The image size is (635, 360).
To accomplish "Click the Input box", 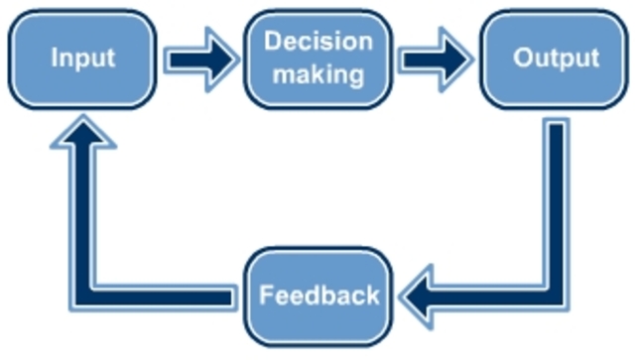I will [x=83, y=58].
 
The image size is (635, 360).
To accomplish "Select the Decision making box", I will [x=318, y=58].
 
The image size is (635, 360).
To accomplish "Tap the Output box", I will [x=556, y=58].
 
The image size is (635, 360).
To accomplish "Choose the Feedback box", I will [x=318, y=295].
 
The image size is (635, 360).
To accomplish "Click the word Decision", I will [x=318, y=42].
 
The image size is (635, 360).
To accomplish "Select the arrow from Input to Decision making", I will [x=201, y=60].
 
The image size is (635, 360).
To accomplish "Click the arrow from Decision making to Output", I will [x=437, y=60].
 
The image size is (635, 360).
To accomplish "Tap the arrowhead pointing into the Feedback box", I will [x=422, y=296].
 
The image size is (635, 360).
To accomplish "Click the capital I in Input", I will [x=55, y=58].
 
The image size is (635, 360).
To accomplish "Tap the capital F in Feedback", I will [x=265, y=295].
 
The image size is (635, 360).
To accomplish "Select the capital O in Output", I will [x=523, y=58].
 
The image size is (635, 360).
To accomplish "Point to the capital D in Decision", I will [x=272, y=42].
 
